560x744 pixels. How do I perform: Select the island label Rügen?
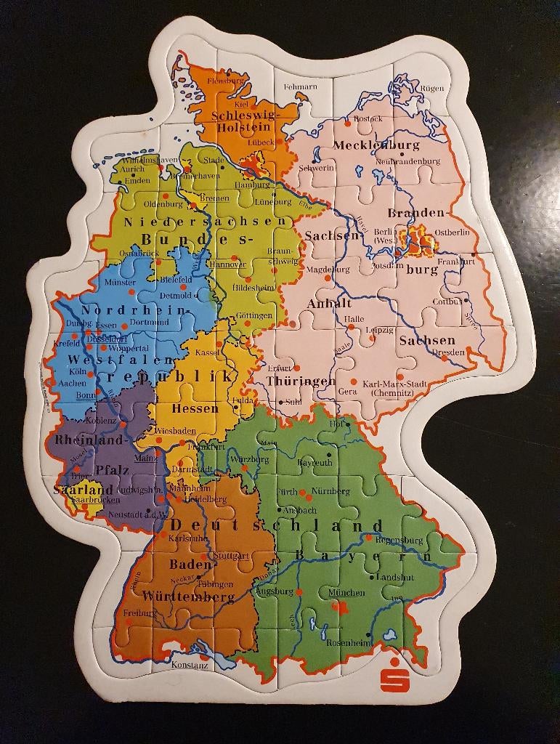click(x=431, y=89)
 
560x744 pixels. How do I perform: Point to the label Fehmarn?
click(x=300, y=86)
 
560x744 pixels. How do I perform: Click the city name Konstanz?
click(x=190, y=664)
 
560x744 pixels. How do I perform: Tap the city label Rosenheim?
click(x=349, y=643)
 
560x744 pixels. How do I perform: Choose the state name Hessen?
click(x=195, y=408)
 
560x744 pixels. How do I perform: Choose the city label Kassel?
click(x=208, y=352)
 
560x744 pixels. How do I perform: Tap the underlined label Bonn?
click(x=86, y=395)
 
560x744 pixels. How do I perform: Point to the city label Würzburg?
click(x=248, y=459)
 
